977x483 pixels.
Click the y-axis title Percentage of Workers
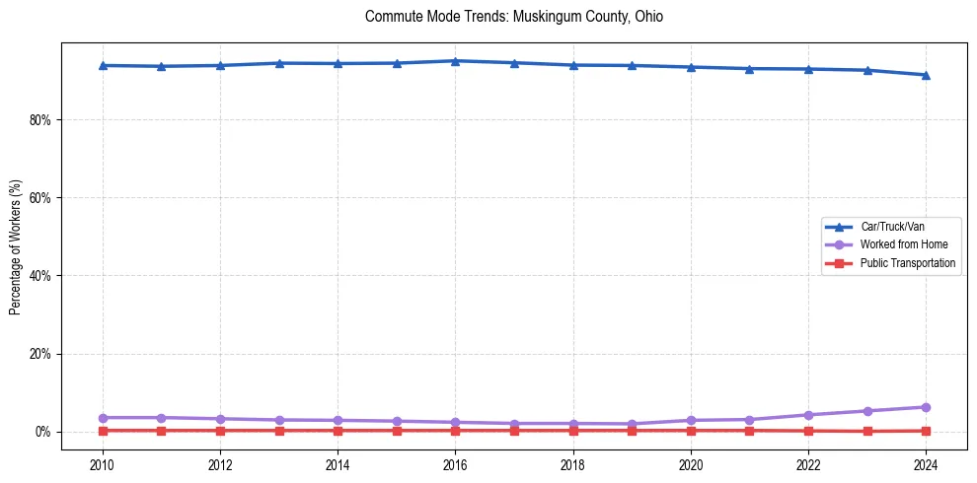click(x=15, y=247)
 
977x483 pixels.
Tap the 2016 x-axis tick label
click(x=455, y=464)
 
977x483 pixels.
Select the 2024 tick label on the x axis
click(x=926, y=464)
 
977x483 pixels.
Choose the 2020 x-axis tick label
click(x=691, y=464)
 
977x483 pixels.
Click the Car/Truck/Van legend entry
click(x=892, y=227)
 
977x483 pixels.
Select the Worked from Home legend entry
click(x=899, y=244)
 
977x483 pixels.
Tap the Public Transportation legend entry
click(x=907, y=263)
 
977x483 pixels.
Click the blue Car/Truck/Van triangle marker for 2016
click(x=455, y=61)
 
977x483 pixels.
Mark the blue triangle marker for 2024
click(x=926, y=75)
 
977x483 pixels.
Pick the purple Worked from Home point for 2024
click(x=926, y=407)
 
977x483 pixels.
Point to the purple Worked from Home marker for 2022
click(x=808, y=415)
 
